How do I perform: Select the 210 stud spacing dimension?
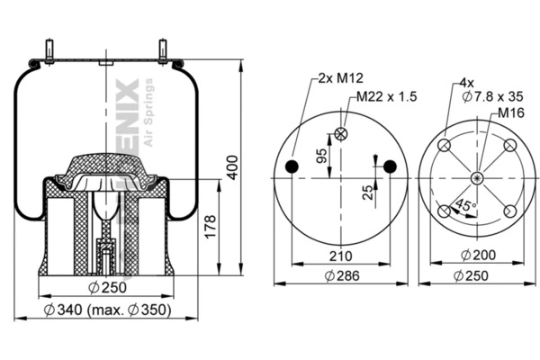[x=339, y=256]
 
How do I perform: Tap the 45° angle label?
[x=465, y=206]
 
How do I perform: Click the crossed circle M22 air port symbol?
[x=341, y=135]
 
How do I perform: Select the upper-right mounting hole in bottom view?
[x=509, y=146]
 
